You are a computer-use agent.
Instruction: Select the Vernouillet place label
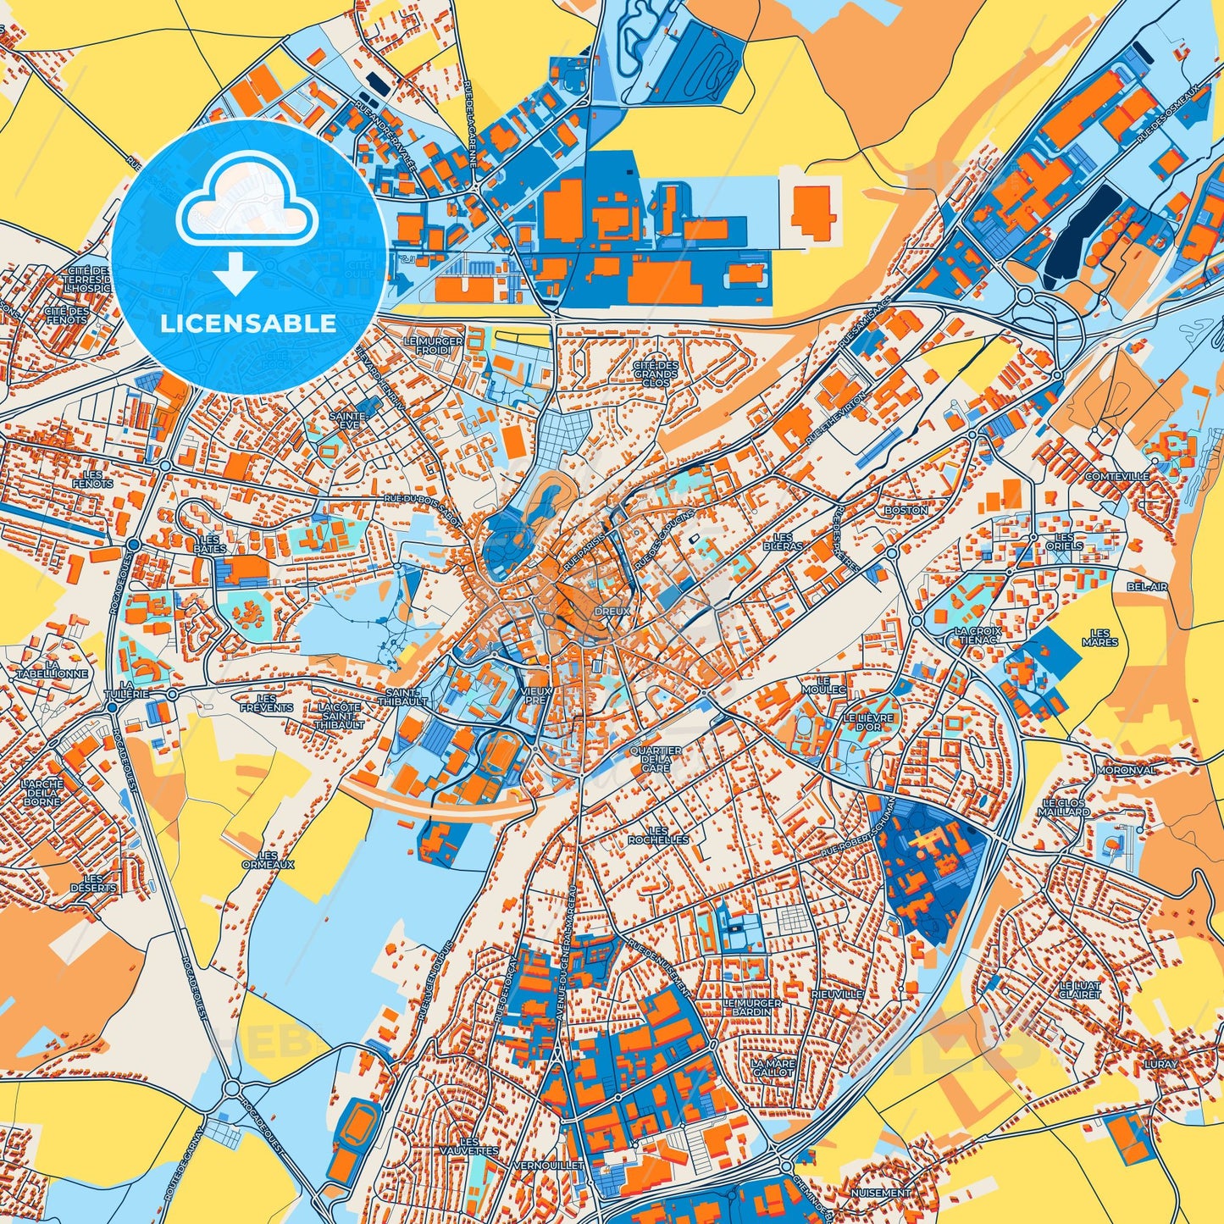[x=549, y=1166]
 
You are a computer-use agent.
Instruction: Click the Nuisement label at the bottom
[x=883, y=1193]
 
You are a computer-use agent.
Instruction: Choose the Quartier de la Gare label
[x=656, y=759]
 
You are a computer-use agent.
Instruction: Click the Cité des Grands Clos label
[x=656, y=374]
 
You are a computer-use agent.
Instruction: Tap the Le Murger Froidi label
[x=433, y=346]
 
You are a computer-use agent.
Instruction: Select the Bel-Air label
[x=1147, y=586]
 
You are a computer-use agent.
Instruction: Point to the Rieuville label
[x=836, y=994]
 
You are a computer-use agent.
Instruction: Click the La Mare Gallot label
[x=773, y=1067]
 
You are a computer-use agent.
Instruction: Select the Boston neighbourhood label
[x=906, y=511]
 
